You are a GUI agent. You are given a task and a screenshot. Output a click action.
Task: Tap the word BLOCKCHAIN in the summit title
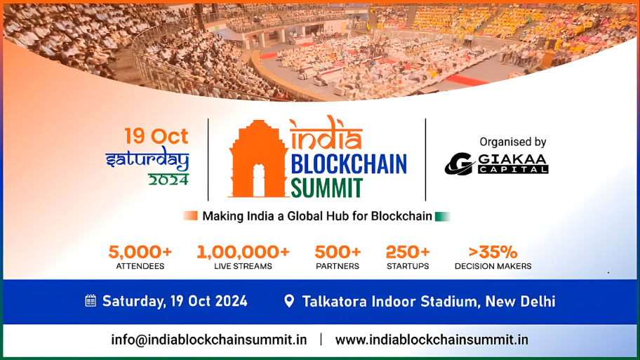348,164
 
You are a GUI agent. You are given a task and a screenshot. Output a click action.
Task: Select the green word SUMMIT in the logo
327,188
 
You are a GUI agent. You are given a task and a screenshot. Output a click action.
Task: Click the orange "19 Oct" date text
156,135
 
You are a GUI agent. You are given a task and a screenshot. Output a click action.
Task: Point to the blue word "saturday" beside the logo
147,159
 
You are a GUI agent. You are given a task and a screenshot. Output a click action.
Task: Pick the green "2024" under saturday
168,179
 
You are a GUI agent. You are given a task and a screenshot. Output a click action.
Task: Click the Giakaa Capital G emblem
459,164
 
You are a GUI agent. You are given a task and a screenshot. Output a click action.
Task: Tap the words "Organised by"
512,142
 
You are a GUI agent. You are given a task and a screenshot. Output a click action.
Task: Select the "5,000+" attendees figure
140,251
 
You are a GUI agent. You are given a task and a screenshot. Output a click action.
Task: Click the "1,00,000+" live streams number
243,251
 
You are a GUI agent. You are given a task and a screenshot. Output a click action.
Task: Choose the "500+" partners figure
338,251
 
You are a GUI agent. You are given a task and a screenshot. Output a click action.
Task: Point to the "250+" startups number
408,251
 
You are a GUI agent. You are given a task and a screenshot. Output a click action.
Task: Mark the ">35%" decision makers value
493,251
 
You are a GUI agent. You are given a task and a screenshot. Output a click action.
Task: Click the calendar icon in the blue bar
91,301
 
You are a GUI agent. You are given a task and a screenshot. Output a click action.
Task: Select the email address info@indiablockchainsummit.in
208,340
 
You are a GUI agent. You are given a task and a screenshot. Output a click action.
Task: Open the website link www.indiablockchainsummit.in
432,340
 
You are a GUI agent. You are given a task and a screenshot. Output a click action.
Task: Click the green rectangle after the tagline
442,216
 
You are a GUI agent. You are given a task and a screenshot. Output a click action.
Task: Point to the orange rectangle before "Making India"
190,216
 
